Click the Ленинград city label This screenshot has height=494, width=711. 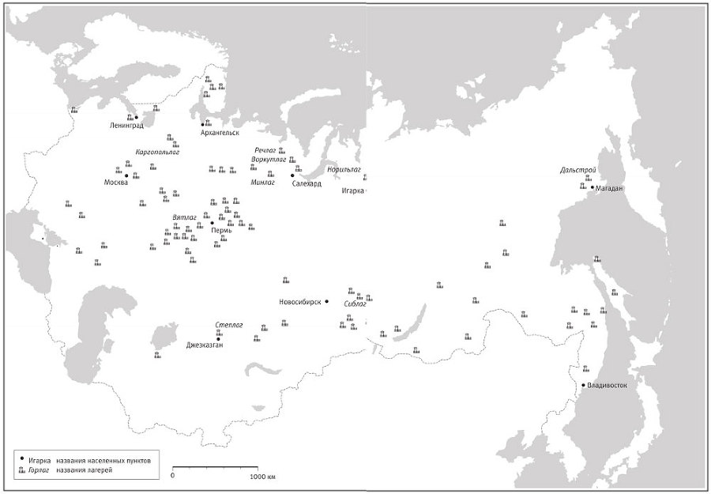pos(129,125)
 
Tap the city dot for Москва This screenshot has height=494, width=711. pos(126,175)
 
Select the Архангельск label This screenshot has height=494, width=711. pos(220,133)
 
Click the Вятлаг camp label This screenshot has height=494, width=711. pos(184,217)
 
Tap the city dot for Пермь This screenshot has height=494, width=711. pos(213,223)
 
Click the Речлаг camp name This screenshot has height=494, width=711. pos(265,150)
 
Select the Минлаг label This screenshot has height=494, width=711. pos(262,183)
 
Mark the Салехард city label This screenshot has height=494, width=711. pos(307,183)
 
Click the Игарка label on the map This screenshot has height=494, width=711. pos(353,190)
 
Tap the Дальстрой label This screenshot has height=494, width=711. pos(577,170)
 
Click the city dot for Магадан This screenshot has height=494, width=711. pos(592,187)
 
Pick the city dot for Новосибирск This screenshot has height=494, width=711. pos(326,301)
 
